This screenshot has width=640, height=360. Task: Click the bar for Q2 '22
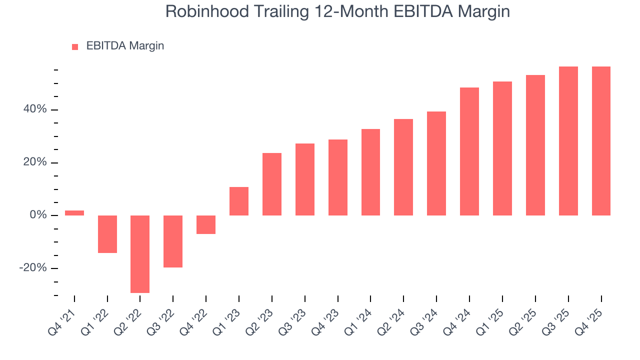pos(140,254)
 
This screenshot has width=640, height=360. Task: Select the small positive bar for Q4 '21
pos(74,213)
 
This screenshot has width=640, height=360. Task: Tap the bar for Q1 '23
pos(239,201)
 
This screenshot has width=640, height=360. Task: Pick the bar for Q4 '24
pos(469,151)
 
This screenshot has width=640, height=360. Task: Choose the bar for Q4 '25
pos(601,141)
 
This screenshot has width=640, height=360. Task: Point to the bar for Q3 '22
pos(173,241)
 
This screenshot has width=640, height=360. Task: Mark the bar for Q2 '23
pos(272,184)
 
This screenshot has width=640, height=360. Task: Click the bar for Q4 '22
pos(206,224)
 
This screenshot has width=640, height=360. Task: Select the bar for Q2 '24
pos(403,167)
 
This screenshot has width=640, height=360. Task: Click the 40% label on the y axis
pos(35,109)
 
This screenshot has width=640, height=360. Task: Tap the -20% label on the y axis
pos(33,268)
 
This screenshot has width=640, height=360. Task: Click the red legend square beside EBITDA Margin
pos(75,47)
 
